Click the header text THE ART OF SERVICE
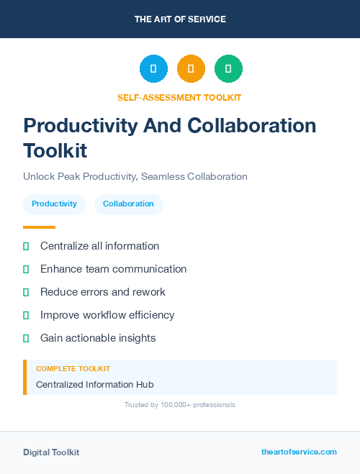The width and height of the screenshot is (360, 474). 180,19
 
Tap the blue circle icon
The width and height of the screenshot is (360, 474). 153,68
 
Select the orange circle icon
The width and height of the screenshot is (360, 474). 191,68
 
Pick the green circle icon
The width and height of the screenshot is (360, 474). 228,68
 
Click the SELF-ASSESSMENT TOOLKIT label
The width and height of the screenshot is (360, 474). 180,97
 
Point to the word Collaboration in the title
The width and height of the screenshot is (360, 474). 251,125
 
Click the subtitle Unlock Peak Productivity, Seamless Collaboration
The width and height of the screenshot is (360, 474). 135,176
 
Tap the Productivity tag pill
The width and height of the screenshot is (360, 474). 54,204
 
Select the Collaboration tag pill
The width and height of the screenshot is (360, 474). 128,204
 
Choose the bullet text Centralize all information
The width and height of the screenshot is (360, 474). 99,246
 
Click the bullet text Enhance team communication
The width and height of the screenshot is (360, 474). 113,269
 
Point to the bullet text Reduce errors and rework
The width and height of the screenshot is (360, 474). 103,292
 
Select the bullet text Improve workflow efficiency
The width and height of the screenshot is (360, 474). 107,315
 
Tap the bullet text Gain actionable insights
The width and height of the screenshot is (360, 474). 98,338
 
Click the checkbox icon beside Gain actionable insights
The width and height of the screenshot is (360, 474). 26,338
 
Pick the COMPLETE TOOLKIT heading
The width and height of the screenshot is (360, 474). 73,368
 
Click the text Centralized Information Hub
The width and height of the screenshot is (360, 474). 94,385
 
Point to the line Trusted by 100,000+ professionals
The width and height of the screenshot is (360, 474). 180,405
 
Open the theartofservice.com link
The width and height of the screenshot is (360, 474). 299,452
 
